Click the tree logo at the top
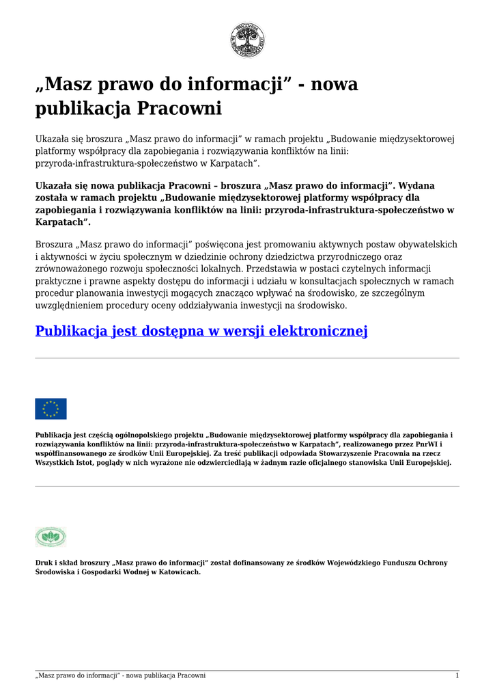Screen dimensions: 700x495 pyautogui.click(x=247, y=40)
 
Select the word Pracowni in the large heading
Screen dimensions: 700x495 pyautogui.click(x=180, y=109)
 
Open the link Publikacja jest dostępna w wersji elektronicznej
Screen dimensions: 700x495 pyautogui.click(x=201, y=332)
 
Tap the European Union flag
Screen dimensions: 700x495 pyautogui.click(x=51, y=409)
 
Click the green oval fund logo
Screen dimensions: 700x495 pyautogui.click(x=51, y=537)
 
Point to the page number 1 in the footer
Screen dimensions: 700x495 pyautogui.click(x=457, y=675)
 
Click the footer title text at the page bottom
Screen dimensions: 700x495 pyautogui.click(x=120, y=675)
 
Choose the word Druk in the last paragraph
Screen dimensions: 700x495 pyautogui.click(x=44, y=563)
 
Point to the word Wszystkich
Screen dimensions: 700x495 pyautogui.click(x=55, y=462)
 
